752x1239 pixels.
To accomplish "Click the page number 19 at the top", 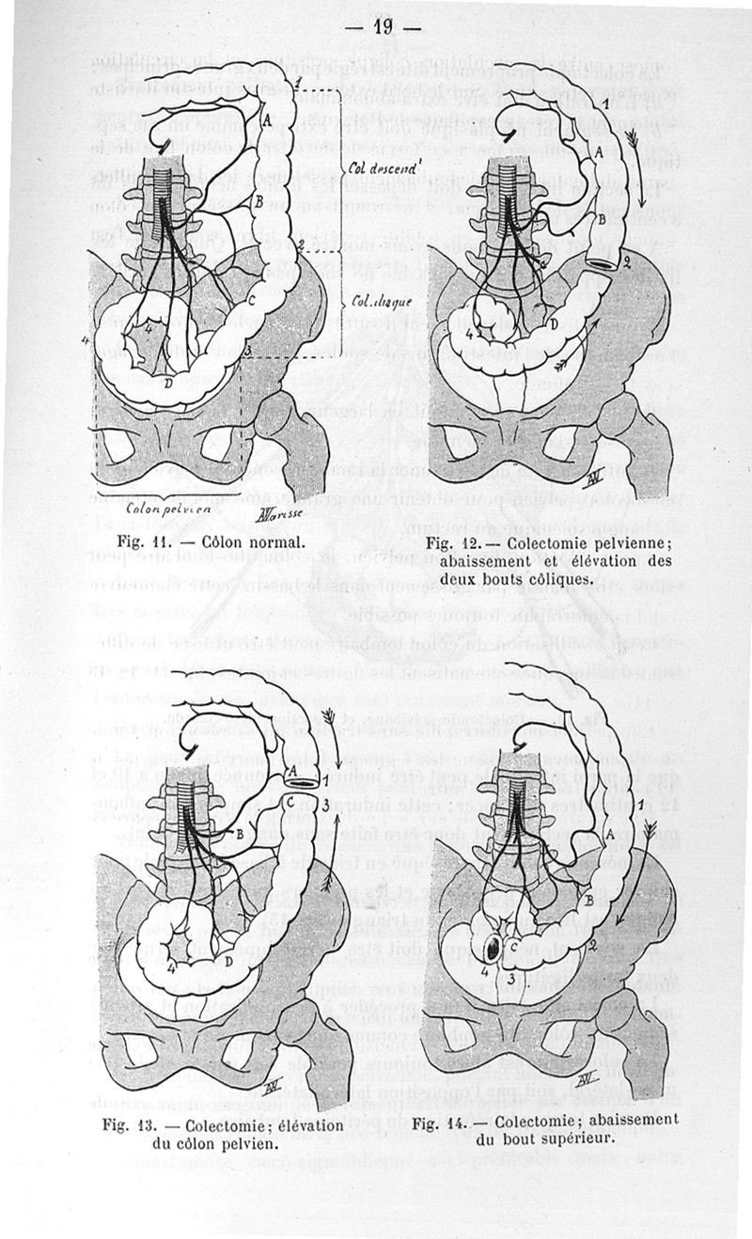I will point(383,25).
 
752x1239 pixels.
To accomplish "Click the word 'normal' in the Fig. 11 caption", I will point(273,542).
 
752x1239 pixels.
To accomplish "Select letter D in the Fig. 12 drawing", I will point(554,323).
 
